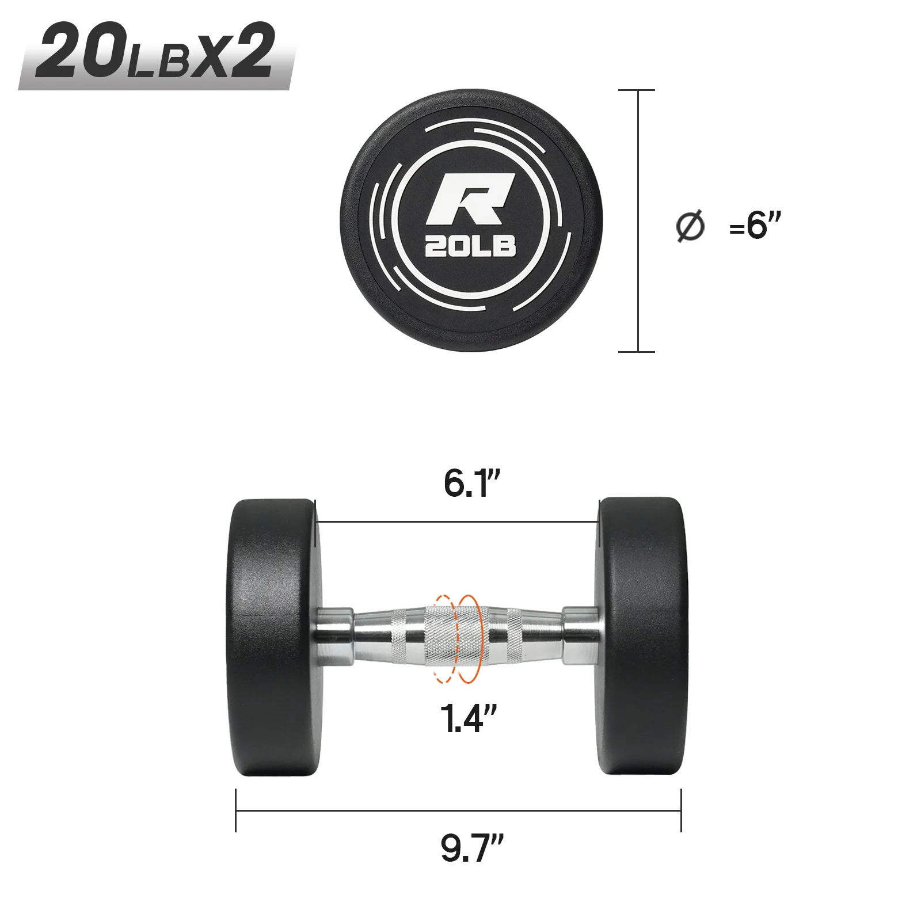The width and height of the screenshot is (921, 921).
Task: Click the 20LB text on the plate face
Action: click(470, 246)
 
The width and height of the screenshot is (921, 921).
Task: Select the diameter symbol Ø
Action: click(690, 226)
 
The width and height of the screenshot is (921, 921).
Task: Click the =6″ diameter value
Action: click(755, 225)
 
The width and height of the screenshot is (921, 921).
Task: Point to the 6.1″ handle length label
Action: click(471, 484)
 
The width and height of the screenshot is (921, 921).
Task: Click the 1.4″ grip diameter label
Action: click(467, 718)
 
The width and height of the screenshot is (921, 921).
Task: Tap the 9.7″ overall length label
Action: click(471, 848)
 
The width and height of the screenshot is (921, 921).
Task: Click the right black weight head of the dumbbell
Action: click(642, 636)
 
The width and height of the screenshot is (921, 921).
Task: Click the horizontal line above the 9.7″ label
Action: click(458, 810)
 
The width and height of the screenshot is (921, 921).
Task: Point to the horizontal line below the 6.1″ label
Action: click(457, 523)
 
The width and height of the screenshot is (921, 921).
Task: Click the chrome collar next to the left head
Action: click(335, 636)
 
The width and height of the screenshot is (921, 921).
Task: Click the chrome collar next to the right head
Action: click(580, 636)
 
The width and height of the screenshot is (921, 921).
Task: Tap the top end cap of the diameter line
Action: click(637, 90)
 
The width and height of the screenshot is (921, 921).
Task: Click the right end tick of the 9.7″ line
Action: click(681, 810)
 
